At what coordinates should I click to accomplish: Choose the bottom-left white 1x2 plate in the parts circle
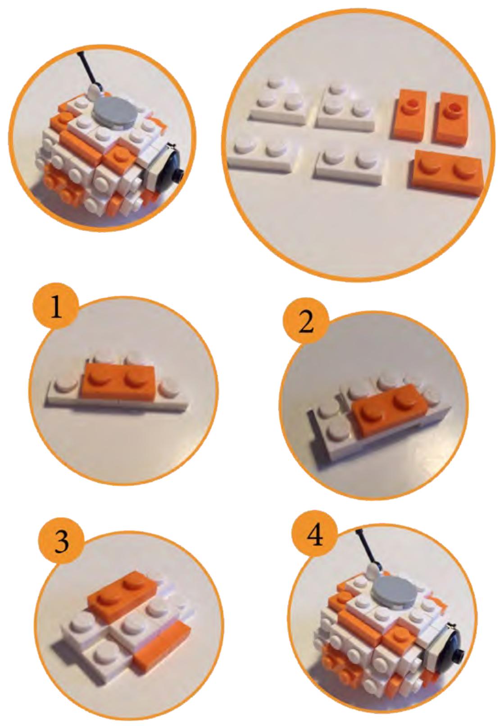coord(263,156)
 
